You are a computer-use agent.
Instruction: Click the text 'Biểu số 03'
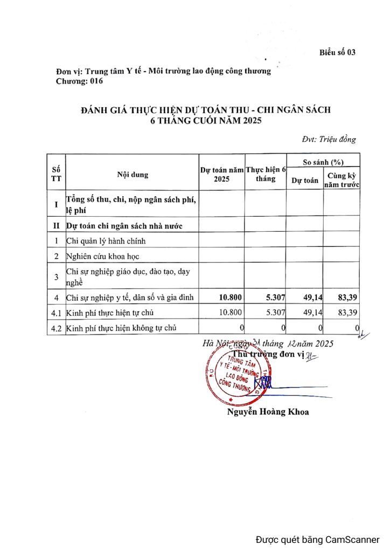(337, 52)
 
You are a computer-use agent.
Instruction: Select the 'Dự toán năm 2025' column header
(222, 175)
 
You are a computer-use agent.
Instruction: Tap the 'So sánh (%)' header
(323, 162)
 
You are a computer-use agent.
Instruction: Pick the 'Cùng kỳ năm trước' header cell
(342, 180)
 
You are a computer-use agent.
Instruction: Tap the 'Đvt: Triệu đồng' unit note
(329, 140)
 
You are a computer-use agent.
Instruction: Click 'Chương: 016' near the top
(79, 81)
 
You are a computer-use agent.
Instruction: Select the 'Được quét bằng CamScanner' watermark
(317, 539)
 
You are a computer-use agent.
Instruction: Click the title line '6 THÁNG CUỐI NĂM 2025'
(205, 120)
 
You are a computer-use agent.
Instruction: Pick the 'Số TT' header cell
(55, 175)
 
